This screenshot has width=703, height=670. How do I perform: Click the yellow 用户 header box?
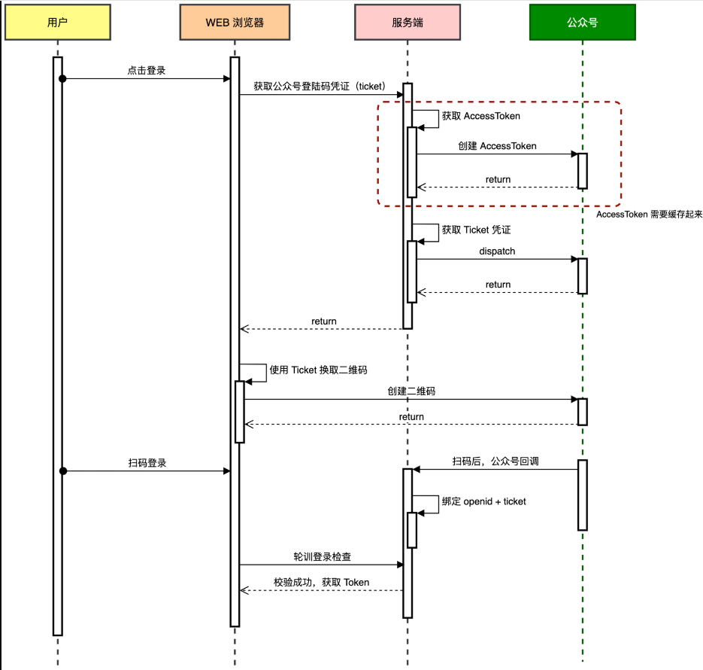[57, 23]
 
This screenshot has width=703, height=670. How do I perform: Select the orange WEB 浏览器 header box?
[235, 23]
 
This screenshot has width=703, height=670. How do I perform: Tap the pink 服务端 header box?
[407, 23]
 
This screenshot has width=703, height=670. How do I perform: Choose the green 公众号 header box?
[583, 23]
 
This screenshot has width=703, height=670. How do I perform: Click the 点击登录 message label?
[147, 71]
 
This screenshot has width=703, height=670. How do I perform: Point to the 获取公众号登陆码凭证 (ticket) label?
[320, 86]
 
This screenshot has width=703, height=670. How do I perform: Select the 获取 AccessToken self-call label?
[481, 116]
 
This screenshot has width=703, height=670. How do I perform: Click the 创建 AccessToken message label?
[497, 146]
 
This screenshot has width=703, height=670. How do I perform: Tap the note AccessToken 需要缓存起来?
[649, 215]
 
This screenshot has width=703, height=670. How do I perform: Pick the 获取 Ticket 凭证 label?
[476, 230]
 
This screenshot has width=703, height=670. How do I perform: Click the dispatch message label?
[497, 251]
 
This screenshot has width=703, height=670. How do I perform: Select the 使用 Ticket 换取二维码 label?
[318, 370]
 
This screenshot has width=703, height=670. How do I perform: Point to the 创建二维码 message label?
[411, 391]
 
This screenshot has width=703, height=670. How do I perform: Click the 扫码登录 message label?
[147, 463]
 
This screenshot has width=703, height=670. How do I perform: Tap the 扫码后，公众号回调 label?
[495, 461]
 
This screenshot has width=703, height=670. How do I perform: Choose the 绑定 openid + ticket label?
[483, 501]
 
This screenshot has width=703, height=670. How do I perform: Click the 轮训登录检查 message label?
[322, 557]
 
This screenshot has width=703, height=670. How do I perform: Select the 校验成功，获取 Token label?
[322, 583]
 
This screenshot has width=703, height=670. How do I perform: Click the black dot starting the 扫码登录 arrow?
[63, 471]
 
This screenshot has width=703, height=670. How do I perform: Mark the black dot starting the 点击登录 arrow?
[62, 78]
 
